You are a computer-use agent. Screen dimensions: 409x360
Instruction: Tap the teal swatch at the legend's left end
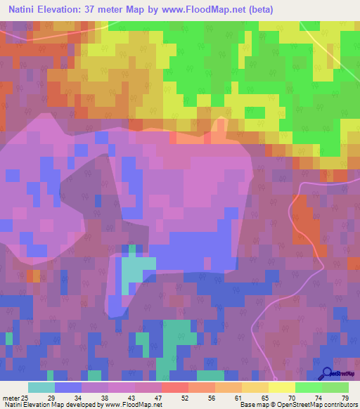tap(41, 387)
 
